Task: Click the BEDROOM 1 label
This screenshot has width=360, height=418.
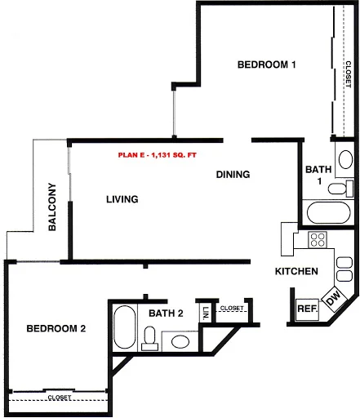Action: pos(266,64)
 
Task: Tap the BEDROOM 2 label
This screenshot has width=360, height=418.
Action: pos(56,329)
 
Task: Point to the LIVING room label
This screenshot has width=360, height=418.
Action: pos(122,199)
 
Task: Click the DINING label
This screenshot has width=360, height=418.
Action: pos(233,175)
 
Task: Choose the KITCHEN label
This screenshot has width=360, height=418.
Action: pos(296,271)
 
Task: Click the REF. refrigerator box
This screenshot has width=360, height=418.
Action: pos(306,309)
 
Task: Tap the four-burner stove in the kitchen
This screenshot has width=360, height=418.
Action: pos(318,240)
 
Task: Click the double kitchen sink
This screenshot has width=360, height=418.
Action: pos(344,269)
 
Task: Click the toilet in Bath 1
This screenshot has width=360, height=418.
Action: pos(336,189)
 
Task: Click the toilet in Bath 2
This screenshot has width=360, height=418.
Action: pos(149,337)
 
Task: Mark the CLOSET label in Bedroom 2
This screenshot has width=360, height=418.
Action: pos(59,398)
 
